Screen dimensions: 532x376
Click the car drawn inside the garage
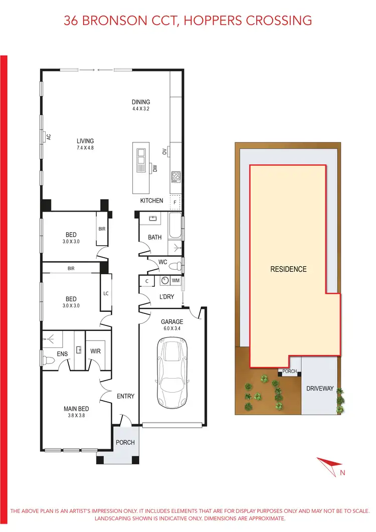[172, 371]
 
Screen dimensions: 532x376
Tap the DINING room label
[141, 102]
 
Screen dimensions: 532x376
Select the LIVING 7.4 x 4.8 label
[85, 141]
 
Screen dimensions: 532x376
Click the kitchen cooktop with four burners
[176, 176]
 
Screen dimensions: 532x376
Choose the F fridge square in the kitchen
[175, 203]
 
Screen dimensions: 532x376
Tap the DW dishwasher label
[155, 169]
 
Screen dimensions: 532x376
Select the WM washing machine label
[175, 281]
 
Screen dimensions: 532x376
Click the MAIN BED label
[76, 408]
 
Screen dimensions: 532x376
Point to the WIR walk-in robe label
[95, 351]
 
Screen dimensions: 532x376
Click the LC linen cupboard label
[106, 293]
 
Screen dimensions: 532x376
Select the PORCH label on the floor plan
[125, 442]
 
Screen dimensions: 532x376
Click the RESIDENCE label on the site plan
[288, 269]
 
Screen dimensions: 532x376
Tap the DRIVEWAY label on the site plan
[320, 388]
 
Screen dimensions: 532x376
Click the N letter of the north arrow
[343, 472]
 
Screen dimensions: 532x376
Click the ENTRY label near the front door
[125, 396]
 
